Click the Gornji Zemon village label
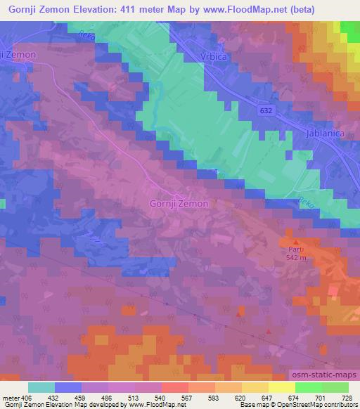(179, 204)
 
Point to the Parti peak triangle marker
(295, 242)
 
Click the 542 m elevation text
(296, 257)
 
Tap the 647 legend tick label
(268, 397)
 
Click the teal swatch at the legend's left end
(41, 387)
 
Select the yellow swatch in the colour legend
(281, 387)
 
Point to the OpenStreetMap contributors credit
(309, 405)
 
